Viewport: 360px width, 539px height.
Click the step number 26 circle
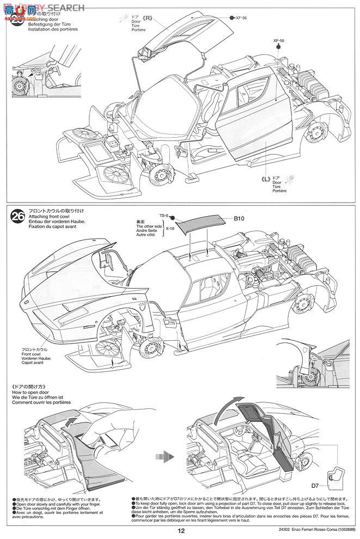coord(17,218)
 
